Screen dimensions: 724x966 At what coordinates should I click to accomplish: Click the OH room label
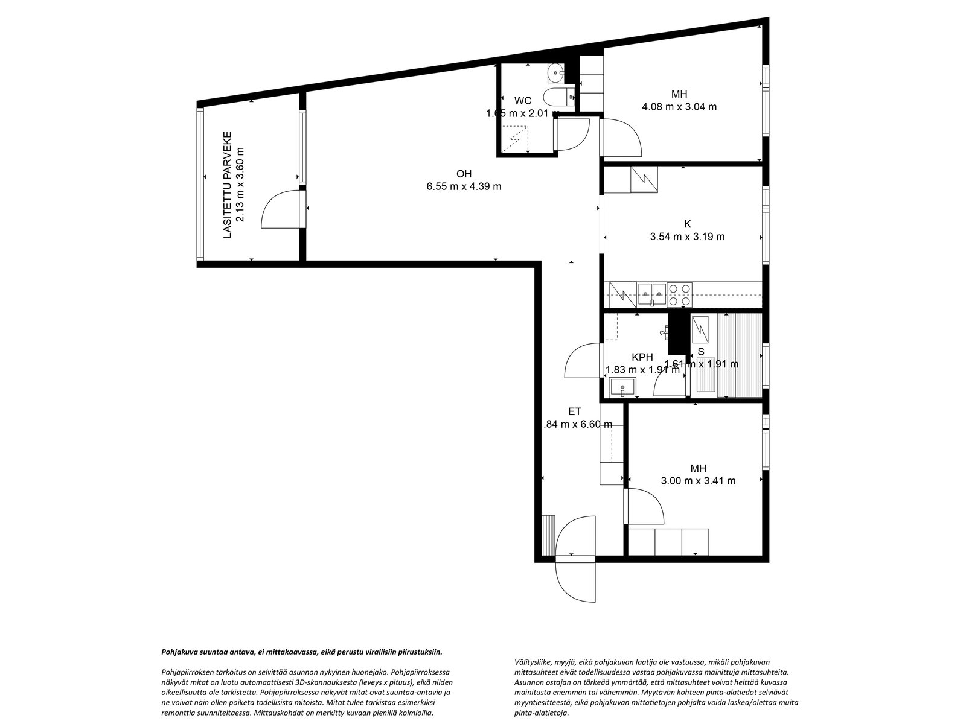pos(464,174)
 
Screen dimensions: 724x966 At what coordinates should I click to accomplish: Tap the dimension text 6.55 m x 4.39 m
pos(464,186)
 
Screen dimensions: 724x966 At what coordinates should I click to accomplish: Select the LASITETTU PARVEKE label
pos(228,185)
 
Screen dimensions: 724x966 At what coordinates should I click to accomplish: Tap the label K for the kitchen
pos(687,224)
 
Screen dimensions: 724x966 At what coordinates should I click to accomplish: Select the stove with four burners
pos(680,294)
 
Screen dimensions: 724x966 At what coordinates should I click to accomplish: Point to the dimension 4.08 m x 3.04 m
pos(679,107)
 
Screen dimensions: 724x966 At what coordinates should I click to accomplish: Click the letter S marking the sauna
pos(701,351)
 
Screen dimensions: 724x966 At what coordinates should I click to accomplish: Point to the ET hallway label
pos(574,411)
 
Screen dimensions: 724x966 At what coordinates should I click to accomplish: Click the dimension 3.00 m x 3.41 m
pos(698,481)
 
